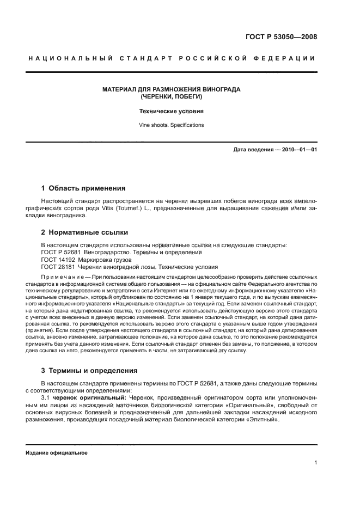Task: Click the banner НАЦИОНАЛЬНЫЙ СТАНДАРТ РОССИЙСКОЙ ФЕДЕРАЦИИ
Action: [172, 58]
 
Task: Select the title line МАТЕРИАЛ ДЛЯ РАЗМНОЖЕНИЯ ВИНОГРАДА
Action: [172, 89]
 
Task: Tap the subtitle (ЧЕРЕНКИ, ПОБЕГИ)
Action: [172, 96]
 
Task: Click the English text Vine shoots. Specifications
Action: [172, 125]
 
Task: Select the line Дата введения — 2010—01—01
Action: [275, 149]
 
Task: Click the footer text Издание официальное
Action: [57, 453]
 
